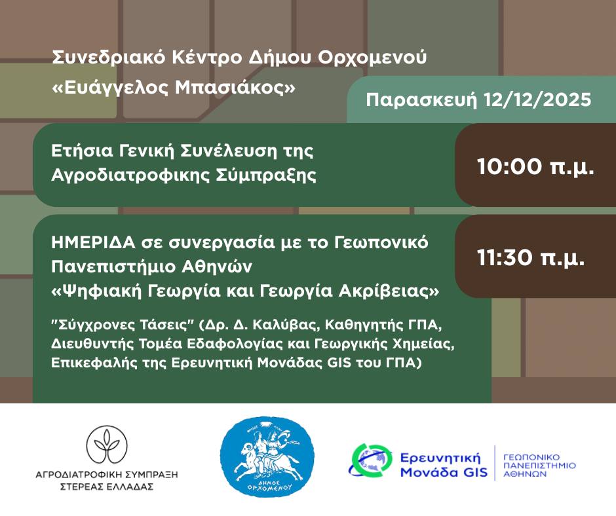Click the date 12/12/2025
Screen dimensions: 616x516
tap(537, 100)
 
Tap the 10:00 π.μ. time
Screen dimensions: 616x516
tap(535, 166)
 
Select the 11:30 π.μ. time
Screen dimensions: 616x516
tap(531, 257)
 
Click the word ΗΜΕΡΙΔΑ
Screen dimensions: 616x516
tap(93, 243)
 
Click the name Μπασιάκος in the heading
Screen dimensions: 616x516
tap(235, 88)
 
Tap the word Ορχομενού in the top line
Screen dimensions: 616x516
tap(372, 58)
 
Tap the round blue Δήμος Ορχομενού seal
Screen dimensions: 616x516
tap(267, 456)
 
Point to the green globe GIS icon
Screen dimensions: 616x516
tap(370, 460)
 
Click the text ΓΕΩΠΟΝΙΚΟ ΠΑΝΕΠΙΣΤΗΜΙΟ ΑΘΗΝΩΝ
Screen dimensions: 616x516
tap(539, 466)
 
